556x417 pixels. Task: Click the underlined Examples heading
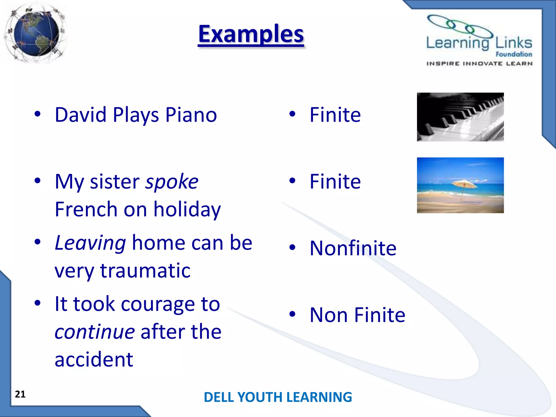coord(251,34)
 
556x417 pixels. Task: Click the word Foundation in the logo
coord(514,54)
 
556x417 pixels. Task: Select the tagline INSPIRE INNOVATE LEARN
coord(479,64)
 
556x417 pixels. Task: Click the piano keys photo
coord(460,117)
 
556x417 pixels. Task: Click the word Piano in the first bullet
coord(191,115)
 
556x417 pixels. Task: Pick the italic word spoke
coord(172,182)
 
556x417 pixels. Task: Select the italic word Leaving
coord(90,243)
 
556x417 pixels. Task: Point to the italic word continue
coord(94,332)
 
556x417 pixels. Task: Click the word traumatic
coord(145,271)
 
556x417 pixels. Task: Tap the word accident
coord(94,359)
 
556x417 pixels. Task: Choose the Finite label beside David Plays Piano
coord(335,115)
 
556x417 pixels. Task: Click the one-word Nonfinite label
coord(353,248)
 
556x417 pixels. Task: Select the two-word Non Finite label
coord(357,315)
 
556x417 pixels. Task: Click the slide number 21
coord(20,394)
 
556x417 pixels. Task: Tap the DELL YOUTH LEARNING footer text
coord(278,397)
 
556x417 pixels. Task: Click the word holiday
coord(187,210)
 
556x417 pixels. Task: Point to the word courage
coord(158,304)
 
